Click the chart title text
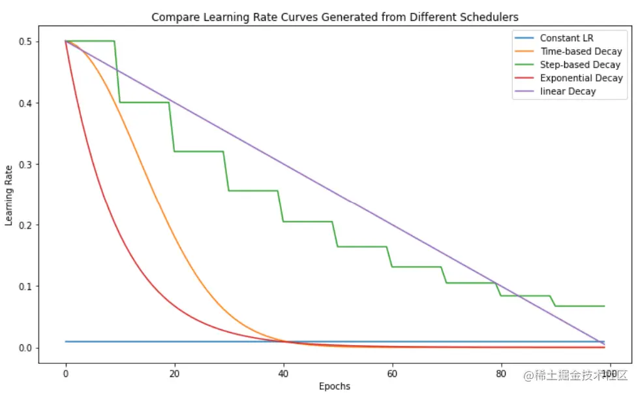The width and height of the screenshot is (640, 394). [335, 17]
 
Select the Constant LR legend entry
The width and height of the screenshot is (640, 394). [566, 38]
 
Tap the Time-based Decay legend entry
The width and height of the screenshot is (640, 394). [581, 51]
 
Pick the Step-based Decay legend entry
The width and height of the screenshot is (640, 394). [580, 65]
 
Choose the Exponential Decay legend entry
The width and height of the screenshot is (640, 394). [581, 78]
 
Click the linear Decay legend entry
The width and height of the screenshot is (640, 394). [568, 91]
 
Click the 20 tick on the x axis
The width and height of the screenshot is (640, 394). [174, 374]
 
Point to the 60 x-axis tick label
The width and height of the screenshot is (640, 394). [392, 374]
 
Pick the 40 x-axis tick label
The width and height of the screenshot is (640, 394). [283, 374]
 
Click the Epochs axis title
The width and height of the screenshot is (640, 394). [335, 386]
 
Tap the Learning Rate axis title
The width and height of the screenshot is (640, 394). [9, 195]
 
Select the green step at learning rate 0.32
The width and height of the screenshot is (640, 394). [199, 152]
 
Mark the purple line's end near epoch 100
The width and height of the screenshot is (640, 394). [604, 344]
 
